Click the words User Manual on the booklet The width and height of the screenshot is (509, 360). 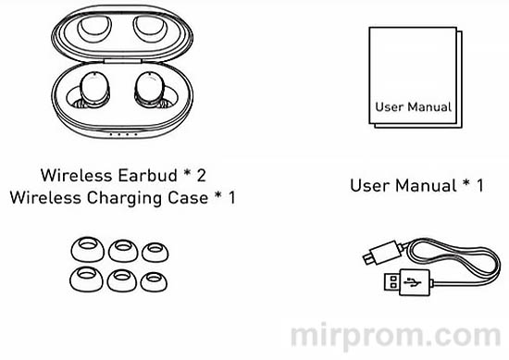[x=414, y=106]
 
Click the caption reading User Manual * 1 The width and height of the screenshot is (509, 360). [x=416, y=185]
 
